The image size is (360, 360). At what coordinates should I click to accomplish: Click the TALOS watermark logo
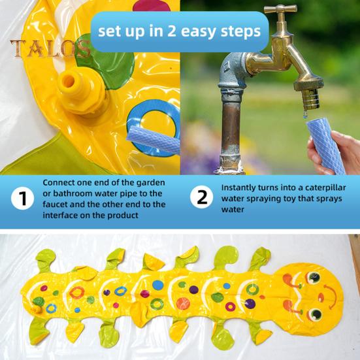(49, 48)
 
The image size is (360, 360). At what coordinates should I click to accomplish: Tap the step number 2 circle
(201, 197)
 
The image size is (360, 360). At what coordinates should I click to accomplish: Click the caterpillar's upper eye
(314, 278)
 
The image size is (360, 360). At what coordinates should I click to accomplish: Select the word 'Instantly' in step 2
(242, 186)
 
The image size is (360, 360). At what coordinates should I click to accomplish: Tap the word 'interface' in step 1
(63, 216)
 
